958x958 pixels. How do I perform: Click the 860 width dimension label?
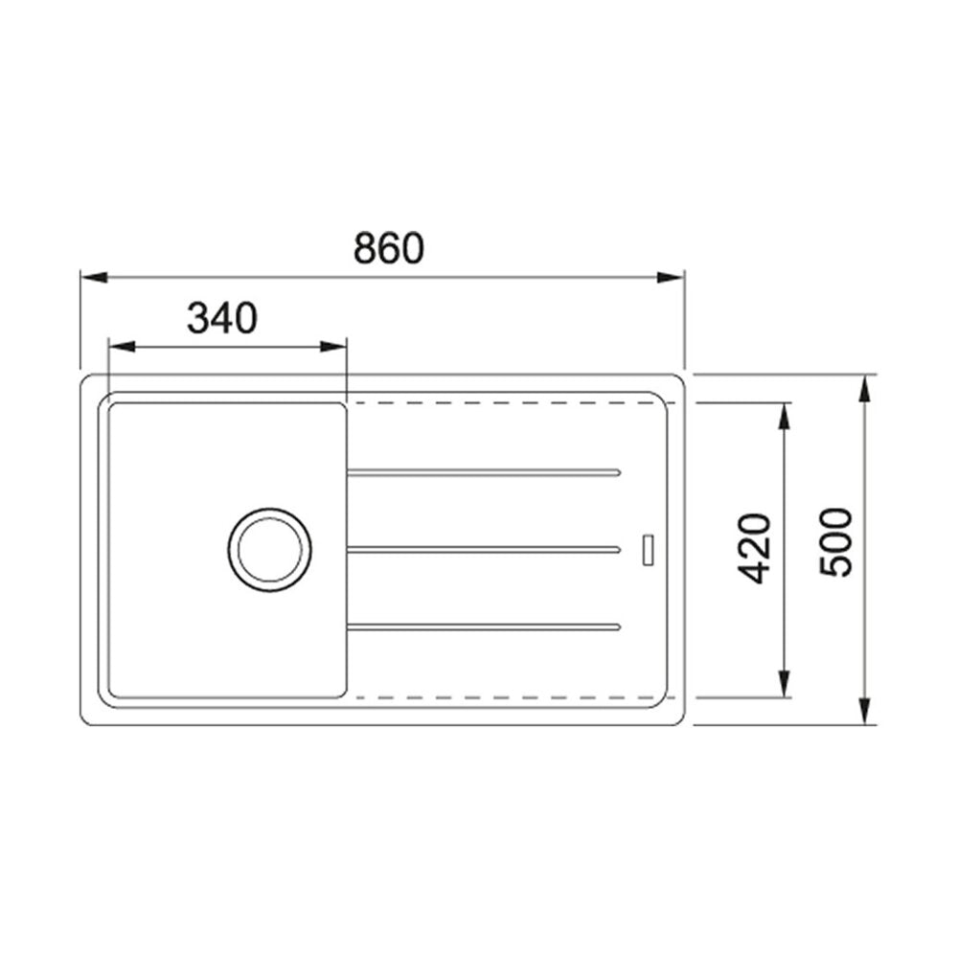(x=389, y=247)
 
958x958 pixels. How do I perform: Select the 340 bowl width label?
(x=222, y=318)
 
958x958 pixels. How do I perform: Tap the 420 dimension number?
(x=754, y=549)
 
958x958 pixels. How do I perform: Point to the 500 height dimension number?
(x=835, y=542)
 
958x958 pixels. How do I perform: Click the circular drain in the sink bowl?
(x=269, y=509)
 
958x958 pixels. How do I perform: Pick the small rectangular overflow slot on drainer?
(x=649, y=549)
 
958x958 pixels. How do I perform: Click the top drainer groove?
(x=484, y=472)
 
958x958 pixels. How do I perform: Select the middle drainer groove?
(x=484, y=550)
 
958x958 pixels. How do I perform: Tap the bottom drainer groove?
(x=484, y=627)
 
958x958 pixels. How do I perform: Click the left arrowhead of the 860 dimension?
(x=94, y=278)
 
